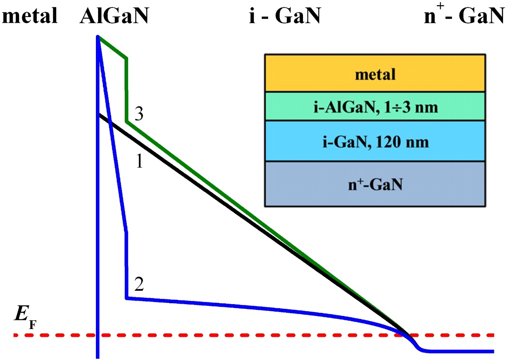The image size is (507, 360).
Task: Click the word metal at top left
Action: point(30,16)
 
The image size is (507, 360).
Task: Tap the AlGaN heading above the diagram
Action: point(114,16)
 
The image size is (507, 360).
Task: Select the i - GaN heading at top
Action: point(285,16)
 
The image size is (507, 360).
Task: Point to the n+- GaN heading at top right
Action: point(464,14)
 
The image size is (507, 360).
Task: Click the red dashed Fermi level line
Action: point(254,335)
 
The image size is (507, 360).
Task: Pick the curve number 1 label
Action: point(140,161)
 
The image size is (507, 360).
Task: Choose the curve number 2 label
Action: point(139,284)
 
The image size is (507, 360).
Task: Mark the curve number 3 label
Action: point(139,113)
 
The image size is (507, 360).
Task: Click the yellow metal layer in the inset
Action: point(375,73)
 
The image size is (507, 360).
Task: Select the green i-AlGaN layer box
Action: point(375,107)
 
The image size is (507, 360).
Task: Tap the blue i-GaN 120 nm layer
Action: point(375,141)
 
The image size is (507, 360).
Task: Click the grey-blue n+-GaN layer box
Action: point(375,184)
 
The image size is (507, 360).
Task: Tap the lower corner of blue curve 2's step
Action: point(126,298)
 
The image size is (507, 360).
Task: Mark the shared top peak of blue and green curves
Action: point(98,37)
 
